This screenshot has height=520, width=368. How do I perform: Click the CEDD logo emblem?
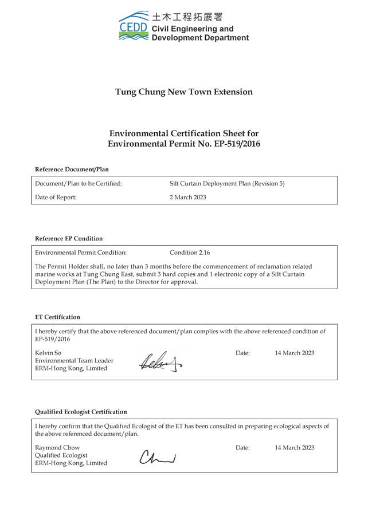(134, 26)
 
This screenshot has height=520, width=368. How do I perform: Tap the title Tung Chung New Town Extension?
(183, 92)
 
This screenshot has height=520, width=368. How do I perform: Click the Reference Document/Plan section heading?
(72, 170)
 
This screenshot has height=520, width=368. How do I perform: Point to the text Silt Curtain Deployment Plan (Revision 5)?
(227, 184)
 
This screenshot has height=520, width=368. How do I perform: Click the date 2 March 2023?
(188, 198)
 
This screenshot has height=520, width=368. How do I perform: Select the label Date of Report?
(56, 198)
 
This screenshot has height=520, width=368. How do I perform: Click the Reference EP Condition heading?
(69, 238)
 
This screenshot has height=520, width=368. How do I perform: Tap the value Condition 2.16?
(191, 253)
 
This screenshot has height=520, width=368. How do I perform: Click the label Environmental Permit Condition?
(81, 253)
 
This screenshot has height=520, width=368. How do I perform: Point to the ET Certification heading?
(57, 317)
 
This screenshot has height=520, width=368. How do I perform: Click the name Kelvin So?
(48, 353)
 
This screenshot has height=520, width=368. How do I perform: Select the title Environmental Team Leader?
(74, 361)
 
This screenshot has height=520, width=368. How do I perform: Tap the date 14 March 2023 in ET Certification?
(294, 353)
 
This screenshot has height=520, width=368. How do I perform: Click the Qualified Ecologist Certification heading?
(81, 412)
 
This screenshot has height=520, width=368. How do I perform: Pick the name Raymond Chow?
(57, 447)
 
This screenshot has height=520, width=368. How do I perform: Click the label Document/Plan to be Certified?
(79, 184)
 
